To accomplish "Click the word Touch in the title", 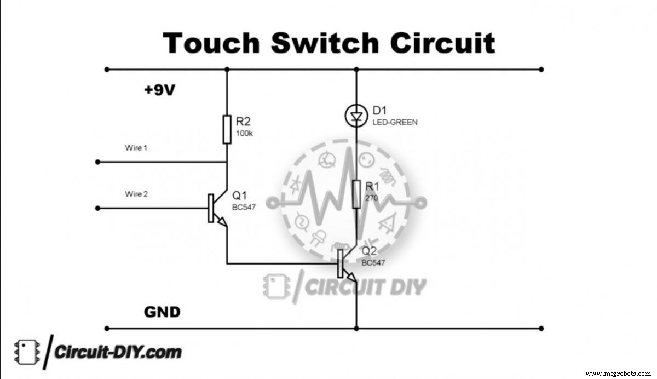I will tap(211, 43).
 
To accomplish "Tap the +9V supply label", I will tap(159, 90).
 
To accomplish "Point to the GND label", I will tap(162, 312).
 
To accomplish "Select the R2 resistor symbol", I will tap(227, 130).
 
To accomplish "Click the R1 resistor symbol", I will tap(356, 194).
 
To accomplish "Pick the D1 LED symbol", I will tap(356, 116).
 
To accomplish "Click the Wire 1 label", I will tap(136, 148).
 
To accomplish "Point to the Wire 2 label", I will tap(136, 194).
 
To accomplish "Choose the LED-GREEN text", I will tap(395, 122).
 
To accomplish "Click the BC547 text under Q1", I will tap(244, 207).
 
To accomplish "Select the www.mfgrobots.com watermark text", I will tap(618, 374).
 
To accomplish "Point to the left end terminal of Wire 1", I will tap(97, 162).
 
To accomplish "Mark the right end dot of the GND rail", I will tap(541, 329).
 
